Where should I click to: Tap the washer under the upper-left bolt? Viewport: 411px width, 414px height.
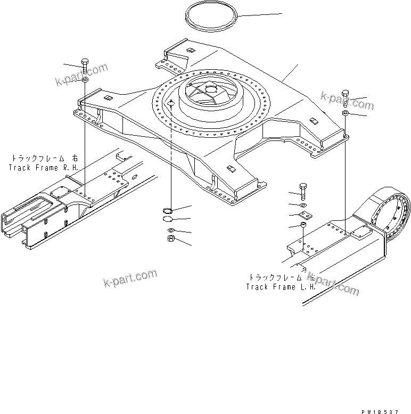(x=85, y=80)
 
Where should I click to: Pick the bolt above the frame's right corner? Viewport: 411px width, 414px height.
(x=345, y=98)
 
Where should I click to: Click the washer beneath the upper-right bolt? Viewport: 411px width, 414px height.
(x=345, y=113)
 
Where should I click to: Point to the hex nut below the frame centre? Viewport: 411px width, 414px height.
(x=166, y=239)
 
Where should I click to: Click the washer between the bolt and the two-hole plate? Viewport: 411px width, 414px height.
(x=303, y=204)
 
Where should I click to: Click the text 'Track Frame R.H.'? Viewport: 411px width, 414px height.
(x=43, y=168)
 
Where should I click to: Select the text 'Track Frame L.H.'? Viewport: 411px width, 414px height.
(x=280, y=287)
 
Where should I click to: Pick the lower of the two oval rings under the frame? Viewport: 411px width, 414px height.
(x=167, y=219)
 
